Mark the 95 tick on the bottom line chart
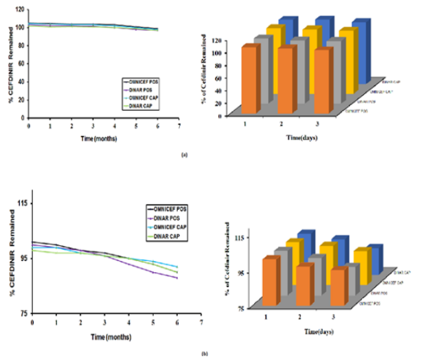click(x=21, y=258)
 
